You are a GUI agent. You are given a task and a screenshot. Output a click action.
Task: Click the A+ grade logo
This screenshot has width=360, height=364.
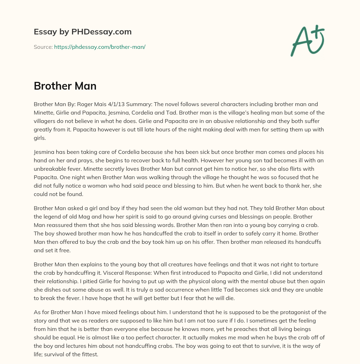tap(307, 40)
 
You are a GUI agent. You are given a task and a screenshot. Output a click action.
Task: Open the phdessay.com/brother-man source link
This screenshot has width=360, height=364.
tap(99, 47)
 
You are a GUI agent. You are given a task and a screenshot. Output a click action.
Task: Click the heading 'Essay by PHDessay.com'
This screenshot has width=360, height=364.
tap(83, 32)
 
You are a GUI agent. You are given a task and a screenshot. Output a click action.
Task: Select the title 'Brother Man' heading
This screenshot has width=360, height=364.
tap(65, 86)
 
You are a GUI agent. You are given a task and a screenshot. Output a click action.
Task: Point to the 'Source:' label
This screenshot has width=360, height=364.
tap(43, 47)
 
